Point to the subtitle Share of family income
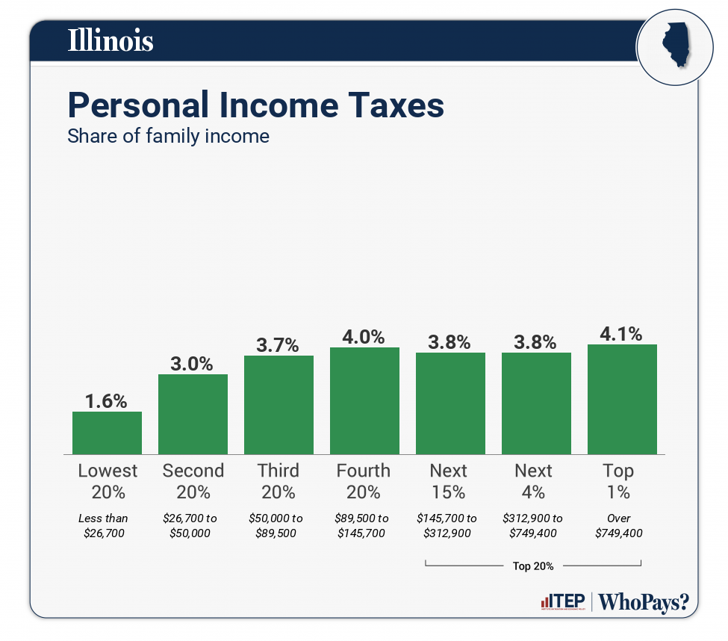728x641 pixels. (168, 137)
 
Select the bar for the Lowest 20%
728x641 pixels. (107, 433)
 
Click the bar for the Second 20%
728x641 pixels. (193, 414)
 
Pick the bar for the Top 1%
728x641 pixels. (622, 399)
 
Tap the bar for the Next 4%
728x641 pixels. (536, 403)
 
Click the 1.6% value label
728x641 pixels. (106, 400)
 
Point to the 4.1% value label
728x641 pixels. (621, 333)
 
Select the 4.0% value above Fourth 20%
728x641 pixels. (364, 336)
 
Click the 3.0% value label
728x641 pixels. (193, 364)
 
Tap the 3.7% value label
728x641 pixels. (279, 345)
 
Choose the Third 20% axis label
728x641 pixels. (279, 481)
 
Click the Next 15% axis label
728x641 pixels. (449, 481)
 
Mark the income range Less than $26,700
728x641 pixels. (104, 525)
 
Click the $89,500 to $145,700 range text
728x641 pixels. (363, 525)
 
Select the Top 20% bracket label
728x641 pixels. (533, 566)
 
